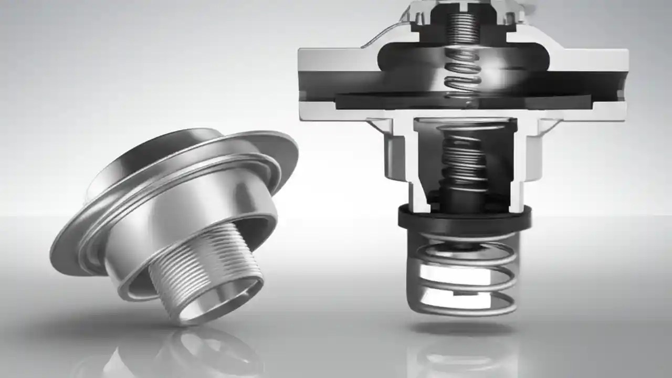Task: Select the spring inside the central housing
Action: click(x=462, y=157)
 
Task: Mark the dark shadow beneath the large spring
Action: click(x=462, y=328)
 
